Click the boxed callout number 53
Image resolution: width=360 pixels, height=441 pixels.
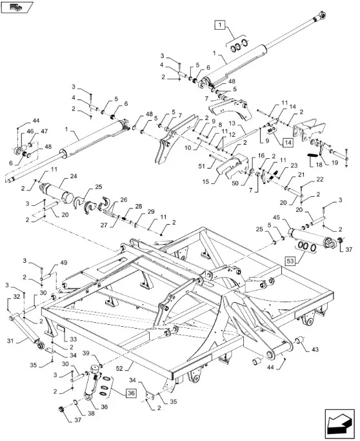pyautogui.click(x=290, y=261)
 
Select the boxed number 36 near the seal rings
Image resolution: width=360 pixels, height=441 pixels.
pyautogui.click(x=131, y=393)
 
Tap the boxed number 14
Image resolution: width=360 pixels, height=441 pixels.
pyautogui.click(x=288, y=143)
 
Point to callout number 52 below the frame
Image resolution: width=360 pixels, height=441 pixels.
pyautogui.click(x=119, y=368)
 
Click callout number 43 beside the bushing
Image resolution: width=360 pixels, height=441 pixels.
pyautogui.click(x=315, y=349)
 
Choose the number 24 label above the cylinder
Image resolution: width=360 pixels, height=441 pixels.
pyautogui.click(x=74, y=177)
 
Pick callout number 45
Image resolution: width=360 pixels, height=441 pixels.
pyautogui.click(x=276, y=218)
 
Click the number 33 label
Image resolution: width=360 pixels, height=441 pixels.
pyautogui.click(x=73, y=339)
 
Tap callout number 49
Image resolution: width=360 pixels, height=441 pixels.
pyautogui.click(x=64, y=263)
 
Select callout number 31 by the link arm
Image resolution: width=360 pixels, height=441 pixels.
pyautogui.click(x=10, y=341)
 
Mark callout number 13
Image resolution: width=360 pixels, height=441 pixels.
pyautogui.click(x=232, y=123)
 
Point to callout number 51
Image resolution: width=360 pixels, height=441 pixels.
pyautogui.click(x=201, y=166)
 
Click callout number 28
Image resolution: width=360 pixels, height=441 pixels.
pyautogui.click(x=138, y=207)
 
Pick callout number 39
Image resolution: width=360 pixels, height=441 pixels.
pyautogui.click(x=86, y=353)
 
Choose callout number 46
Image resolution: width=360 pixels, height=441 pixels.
pyautogui.click(x=30, y=131)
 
